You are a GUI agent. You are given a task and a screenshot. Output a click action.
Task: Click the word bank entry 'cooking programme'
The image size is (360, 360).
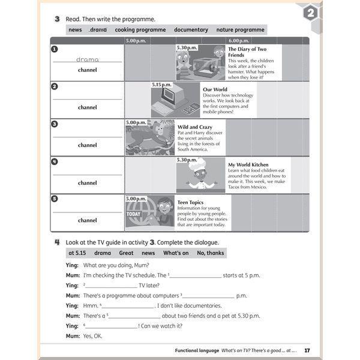[x=140, y=29]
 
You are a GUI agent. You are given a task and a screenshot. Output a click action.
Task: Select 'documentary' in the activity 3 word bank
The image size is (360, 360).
[x=191, y=29]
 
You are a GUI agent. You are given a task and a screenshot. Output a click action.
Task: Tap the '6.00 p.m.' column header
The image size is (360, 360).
[x=238, y=41]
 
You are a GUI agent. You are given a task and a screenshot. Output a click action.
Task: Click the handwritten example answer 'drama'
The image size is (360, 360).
[x=88, y=59]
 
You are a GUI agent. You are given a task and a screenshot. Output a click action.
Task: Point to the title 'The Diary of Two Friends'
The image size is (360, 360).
[x=247, y=52]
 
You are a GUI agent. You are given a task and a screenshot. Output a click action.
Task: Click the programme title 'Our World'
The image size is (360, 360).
[x=215, y=89]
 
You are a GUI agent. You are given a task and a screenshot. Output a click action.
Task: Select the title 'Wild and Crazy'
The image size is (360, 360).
[x=195, y=127]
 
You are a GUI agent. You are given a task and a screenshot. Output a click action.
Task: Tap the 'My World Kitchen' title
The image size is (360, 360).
[x=248, y=164]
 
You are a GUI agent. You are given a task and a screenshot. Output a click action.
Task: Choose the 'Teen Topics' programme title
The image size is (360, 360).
[x=191, y=202]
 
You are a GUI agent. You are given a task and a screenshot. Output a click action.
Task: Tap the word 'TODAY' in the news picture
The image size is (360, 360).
[x=133, y=214]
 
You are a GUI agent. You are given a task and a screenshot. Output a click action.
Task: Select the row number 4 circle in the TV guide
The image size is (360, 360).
[x=55, y=161]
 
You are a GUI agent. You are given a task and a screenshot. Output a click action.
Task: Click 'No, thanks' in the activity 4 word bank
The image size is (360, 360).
[x=210, y=253]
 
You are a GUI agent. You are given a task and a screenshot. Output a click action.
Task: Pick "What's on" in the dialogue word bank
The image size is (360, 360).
[x=176, y=253]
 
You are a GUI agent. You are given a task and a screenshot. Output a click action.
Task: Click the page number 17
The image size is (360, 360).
[x=307, y=350]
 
